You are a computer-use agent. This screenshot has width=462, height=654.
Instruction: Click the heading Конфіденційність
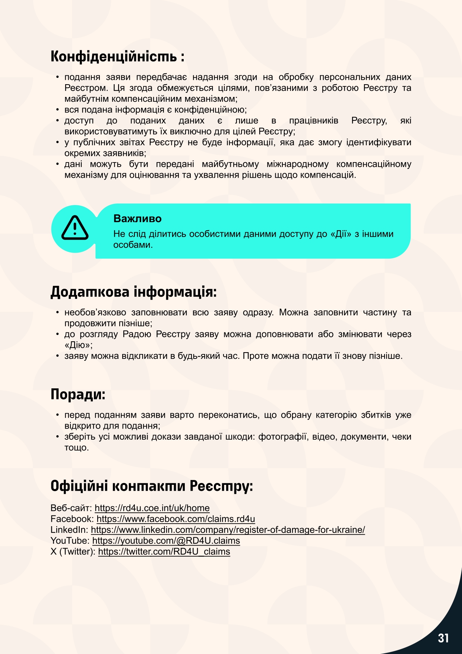click(x=117, y=57)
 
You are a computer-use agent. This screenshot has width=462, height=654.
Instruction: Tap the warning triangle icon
click(x=75, y=228)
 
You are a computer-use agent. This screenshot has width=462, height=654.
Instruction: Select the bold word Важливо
click(x=137, y=218)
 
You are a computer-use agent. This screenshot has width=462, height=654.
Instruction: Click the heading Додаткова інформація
click(x=133, y=292)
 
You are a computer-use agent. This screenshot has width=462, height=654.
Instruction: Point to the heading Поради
click(x=78, y=394)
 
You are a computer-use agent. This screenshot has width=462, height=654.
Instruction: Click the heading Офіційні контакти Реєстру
click(x=152, y=486)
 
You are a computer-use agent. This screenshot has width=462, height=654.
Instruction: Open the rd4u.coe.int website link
click(x=152, y=508)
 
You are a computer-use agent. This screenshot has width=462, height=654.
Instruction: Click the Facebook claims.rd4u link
click(x=175, y=519)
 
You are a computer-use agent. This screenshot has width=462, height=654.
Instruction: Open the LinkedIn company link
click(x=228, y=530)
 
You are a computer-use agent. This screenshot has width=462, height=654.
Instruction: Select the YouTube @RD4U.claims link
click(x=166, y=540)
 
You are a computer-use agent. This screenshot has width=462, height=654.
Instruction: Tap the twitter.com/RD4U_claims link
click(x=164, y=552)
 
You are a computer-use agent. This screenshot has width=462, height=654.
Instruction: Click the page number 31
click(x=443, y=638)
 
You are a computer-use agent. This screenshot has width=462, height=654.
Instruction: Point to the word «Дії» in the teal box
click(x=341, y=234)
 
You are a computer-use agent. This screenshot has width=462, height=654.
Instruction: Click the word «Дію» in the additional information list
click(x=78, y=345)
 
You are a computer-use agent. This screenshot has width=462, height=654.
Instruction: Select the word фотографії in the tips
click(x=283, y=436)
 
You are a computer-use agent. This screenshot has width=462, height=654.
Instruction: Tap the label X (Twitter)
click(x=73, y=552)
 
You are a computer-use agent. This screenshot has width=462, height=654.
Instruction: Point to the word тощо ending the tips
click(x=76, y=447)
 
